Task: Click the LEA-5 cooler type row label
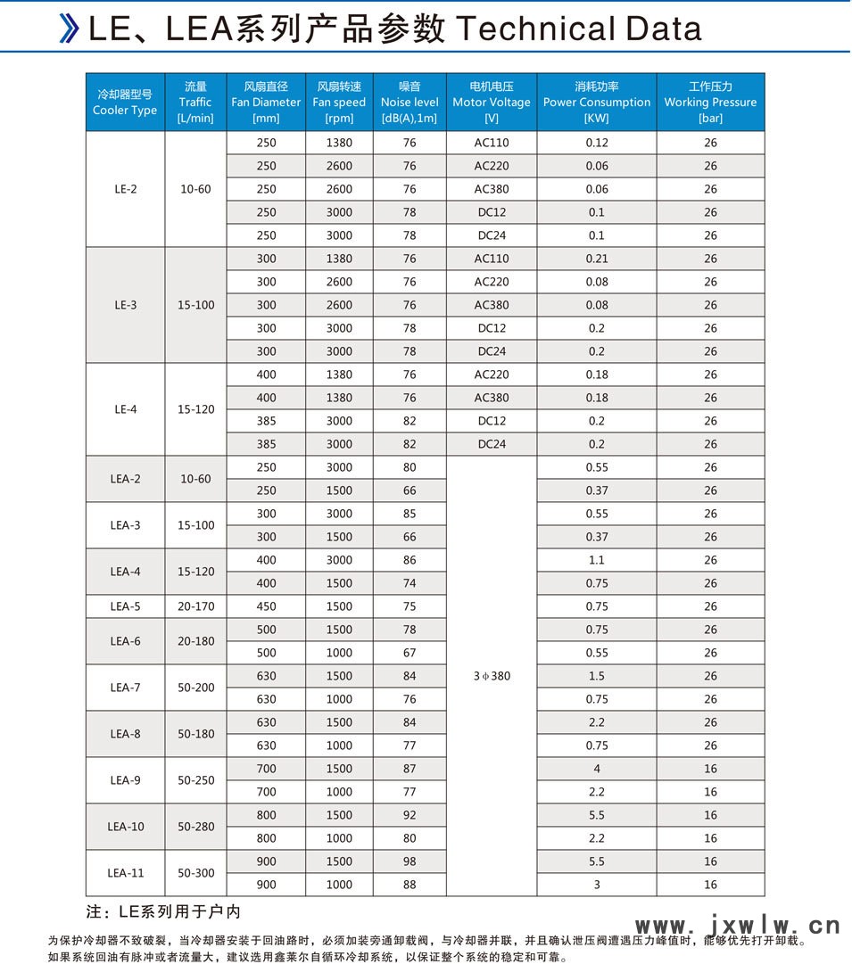(x=125, y=606)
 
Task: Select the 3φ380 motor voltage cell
(x=492, y=676)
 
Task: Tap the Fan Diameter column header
(x=266, y=102)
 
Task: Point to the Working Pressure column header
(x=710, y=102)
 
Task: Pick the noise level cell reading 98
(x=409, y=861)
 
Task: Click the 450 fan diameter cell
(x=266, y=606)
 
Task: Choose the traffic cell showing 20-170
(x=195, y=606)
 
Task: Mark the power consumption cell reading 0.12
(x=597, y=143)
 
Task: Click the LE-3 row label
(x=125, y=305)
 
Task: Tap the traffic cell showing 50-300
(x=195, y=873)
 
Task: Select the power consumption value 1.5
(x=597, y=676)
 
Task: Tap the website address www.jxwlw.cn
(x=737, y=925)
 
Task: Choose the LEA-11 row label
(x=125, y=873)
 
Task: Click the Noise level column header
(x=409, y=102)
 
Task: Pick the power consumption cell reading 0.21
(x=597, y=259)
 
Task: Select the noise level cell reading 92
(x=409, y=815)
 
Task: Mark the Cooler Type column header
(x=125, y=102)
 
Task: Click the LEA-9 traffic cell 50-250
(x=195, y=780)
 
